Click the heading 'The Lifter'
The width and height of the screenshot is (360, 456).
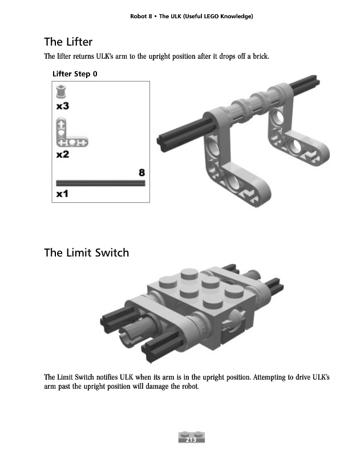(x=68, y=42)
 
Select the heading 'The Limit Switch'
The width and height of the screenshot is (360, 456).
(x=87, y=253)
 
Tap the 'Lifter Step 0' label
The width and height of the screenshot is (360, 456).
(x=75, y=74)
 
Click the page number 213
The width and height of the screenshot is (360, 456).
(x=191, y=439)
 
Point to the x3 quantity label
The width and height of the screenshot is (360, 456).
(x=63, y=106)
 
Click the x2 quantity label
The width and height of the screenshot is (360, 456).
(x=63, y=154)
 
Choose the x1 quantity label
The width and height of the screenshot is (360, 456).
(x=62, y=194)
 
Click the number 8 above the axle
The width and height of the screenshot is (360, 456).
(x=141, y=173)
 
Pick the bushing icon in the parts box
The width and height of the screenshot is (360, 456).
(x=61, y=92)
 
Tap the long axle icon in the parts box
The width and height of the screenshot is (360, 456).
(x=100, y=183)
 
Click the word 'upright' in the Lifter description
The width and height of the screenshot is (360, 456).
(x=159, y=56)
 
